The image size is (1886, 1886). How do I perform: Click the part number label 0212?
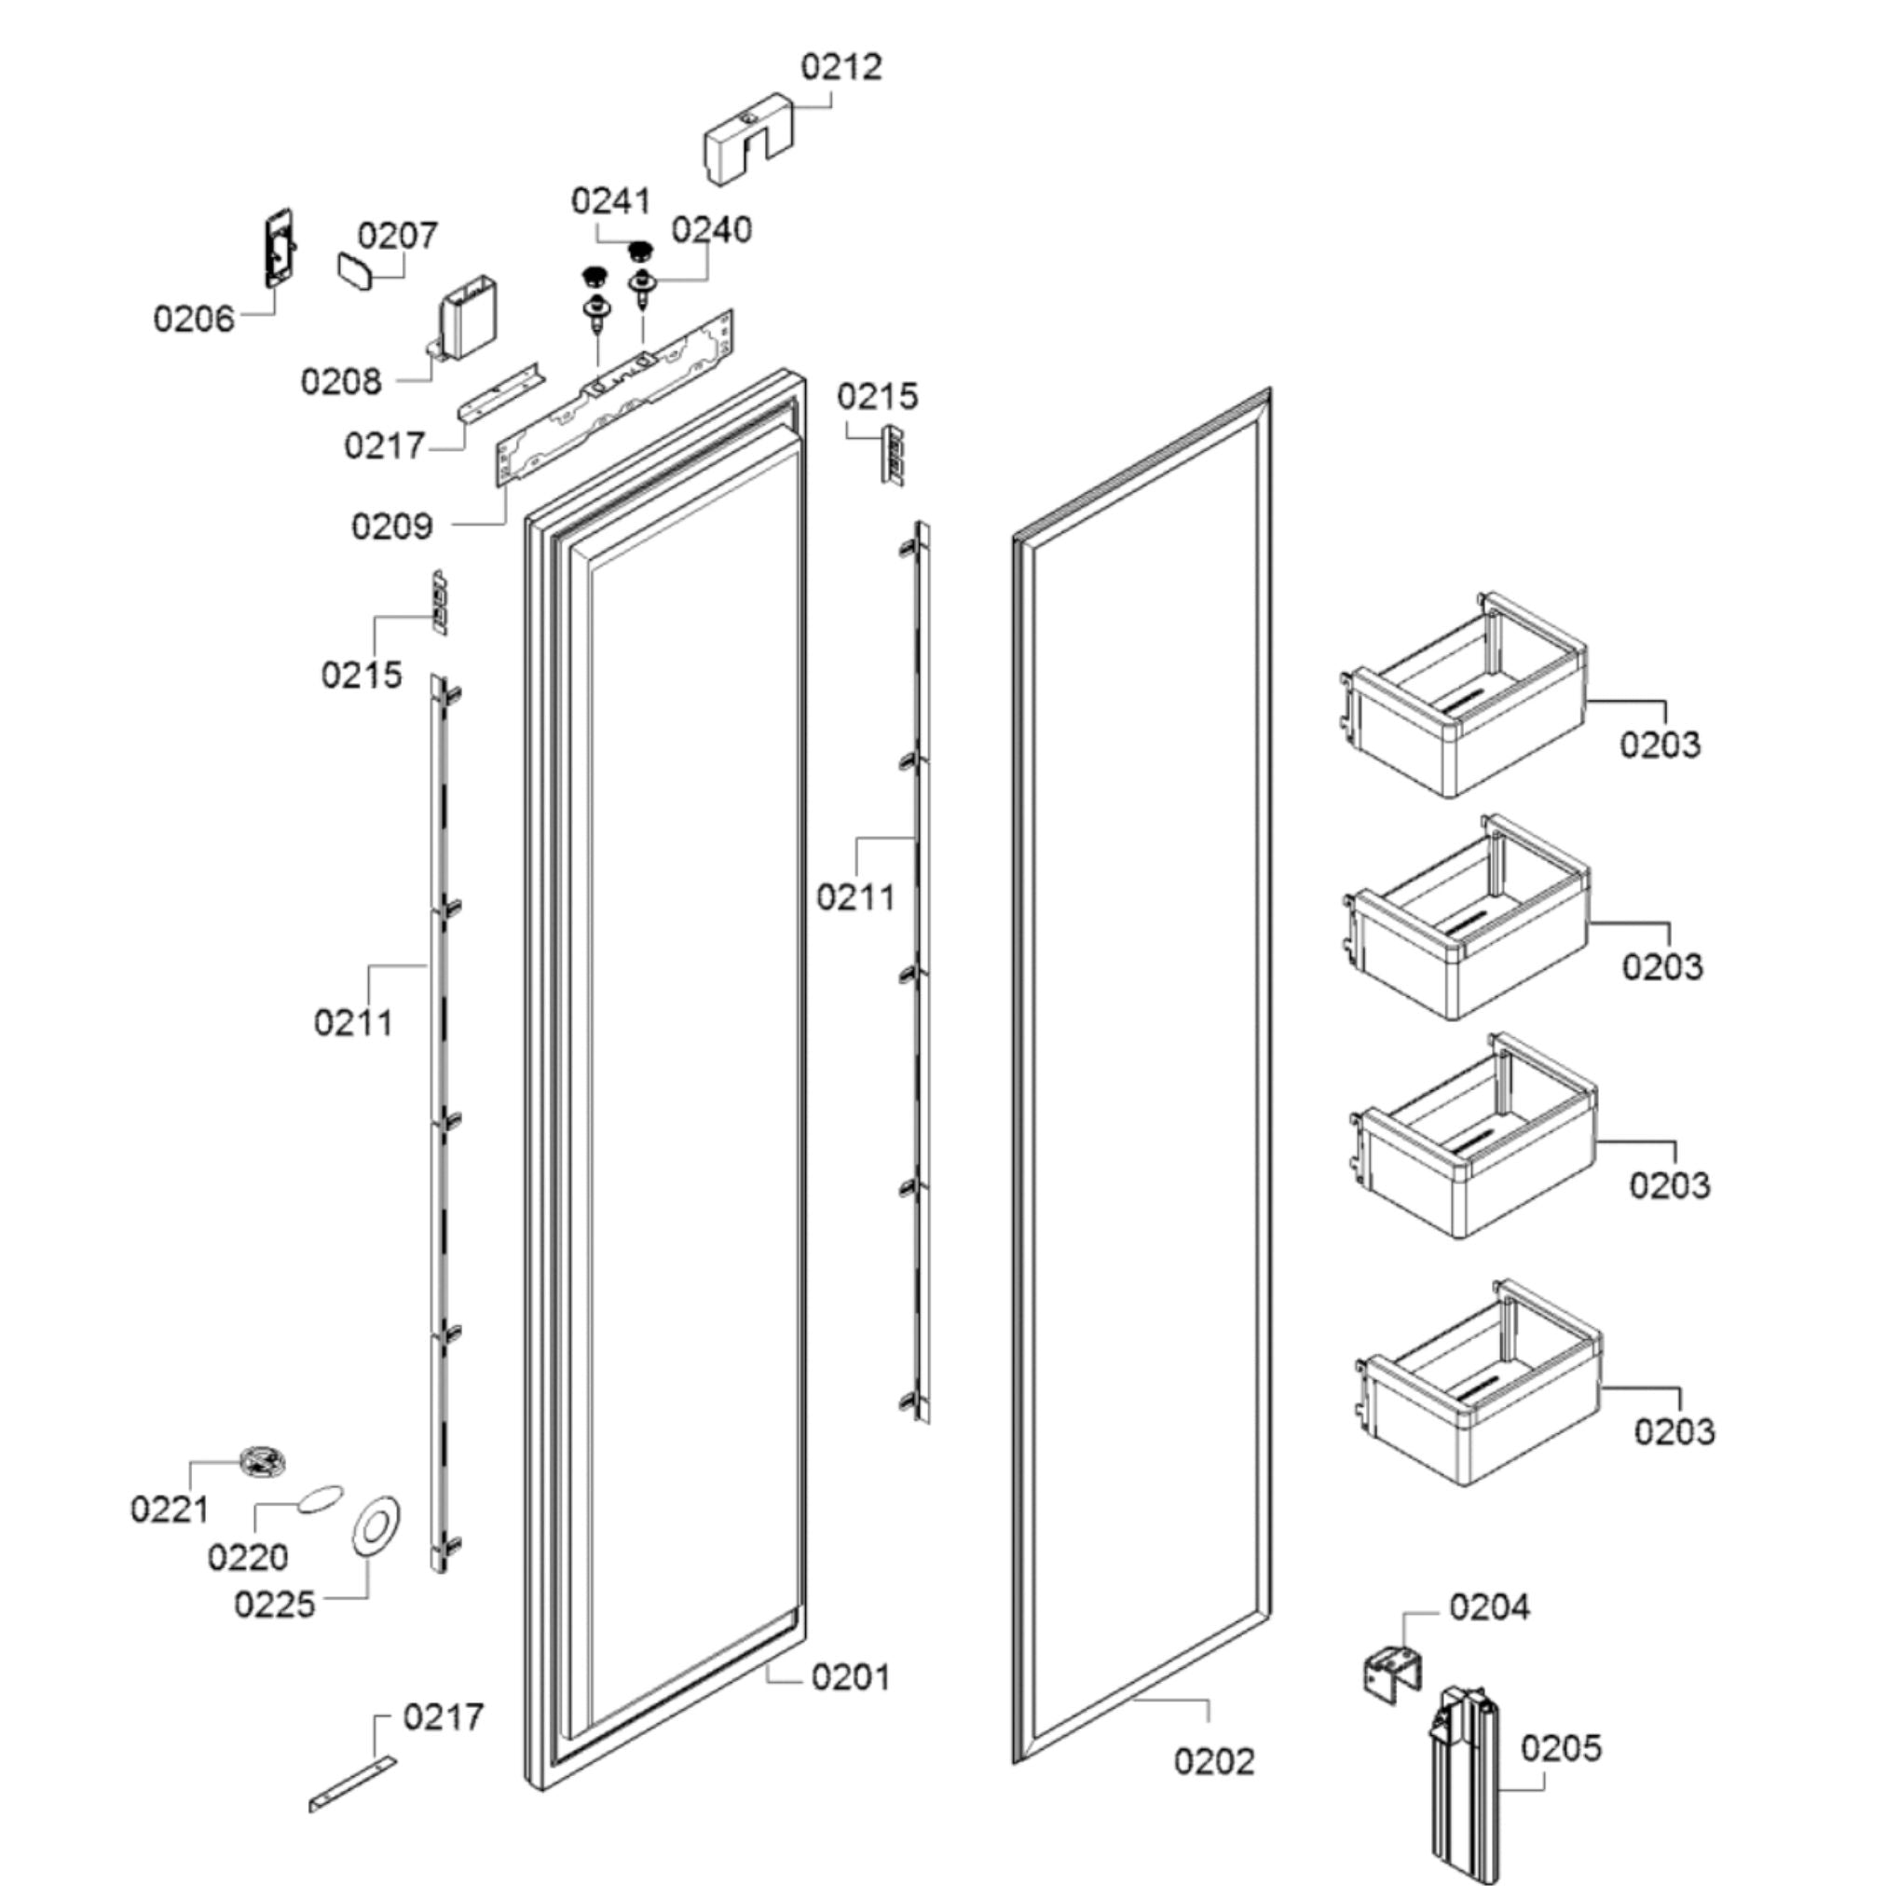pyautogui.click(x=840, y=67)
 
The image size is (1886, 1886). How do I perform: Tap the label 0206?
pyautogui.click(x=193, y=320)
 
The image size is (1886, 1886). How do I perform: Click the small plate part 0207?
pyautogui.click(x=354, y=269)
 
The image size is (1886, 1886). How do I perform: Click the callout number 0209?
pyautogui.click(x=391, y=527)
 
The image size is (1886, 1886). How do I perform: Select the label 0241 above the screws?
pyautogui.click(x=610, y=201)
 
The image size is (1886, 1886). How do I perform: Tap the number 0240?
pyautogui.click(x=712, y=230)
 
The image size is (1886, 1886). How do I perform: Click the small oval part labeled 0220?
pyautogui.click(x=321, y=1498)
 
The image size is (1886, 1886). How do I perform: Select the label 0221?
pyautogui.click(x=169, y=1510)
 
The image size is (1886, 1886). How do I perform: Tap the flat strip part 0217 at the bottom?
pyautogui.click(x=352, y=1785)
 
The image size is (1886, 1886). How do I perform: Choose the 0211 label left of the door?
pyautogui.click(x=352, y=1023)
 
